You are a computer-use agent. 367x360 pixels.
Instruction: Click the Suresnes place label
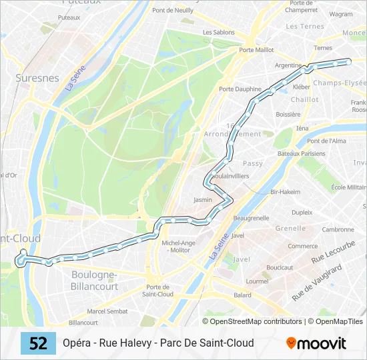pos(37,78)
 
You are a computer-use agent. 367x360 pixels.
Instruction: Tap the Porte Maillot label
pos(256,50)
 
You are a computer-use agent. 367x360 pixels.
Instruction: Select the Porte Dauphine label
pos(240,89)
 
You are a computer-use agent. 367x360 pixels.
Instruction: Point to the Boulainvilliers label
pos(230,176)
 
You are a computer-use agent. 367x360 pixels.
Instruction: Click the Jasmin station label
pos(203,199)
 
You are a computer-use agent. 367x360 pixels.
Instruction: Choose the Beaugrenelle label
pos(251,218)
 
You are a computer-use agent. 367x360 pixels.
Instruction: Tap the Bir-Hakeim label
pos(286,191)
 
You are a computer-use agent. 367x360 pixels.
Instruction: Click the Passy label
pos(253,163)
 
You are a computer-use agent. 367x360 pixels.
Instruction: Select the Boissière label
pos(288,115)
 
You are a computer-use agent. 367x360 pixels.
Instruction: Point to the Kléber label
pos(302,87)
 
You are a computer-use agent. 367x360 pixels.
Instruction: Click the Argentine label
pos(288,65)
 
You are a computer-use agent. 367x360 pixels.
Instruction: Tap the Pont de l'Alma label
pos(326,141)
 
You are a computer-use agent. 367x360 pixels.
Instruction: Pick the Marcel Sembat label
pos(108,311)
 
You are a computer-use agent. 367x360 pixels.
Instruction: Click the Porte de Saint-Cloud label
pos(158,290)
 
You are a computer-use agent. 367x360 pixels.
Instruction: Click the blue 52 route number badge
pos(38,343)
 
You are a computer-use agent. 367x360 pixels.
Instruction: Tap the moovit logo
pos(316,343)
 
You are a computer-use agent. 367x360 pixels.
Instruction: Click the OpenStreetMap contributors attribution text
pos(256,321)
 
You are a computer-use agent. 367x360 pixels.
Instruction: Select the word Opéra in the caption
pos(77,343)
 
